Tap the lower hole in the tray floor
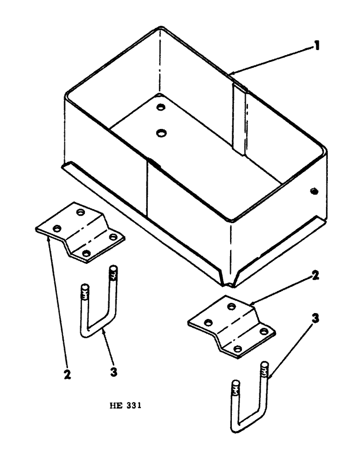click(x=160, y=133)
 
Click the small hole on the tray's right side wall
click(x=314, y=190)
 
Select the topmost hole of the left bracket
click(x=81, y=213)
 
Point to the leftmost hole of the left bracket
click(x=58, y=228)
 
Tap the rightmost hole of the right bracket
click(x=263, y=331)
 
